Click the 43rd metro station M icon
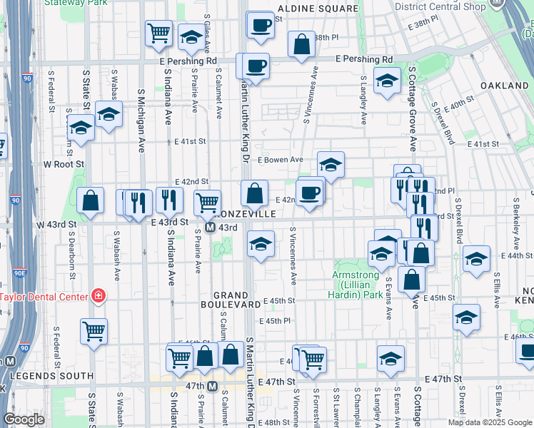211,228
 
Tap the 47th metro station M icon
212,387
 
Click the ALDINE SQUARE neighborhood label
318,9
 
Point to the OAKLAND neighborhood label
504,86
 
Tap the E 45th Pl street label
275,322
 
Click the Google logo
24,419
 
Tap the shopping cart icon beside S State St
94,330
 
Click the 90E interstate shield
21,272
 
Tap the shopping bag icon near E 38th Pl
302,44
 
